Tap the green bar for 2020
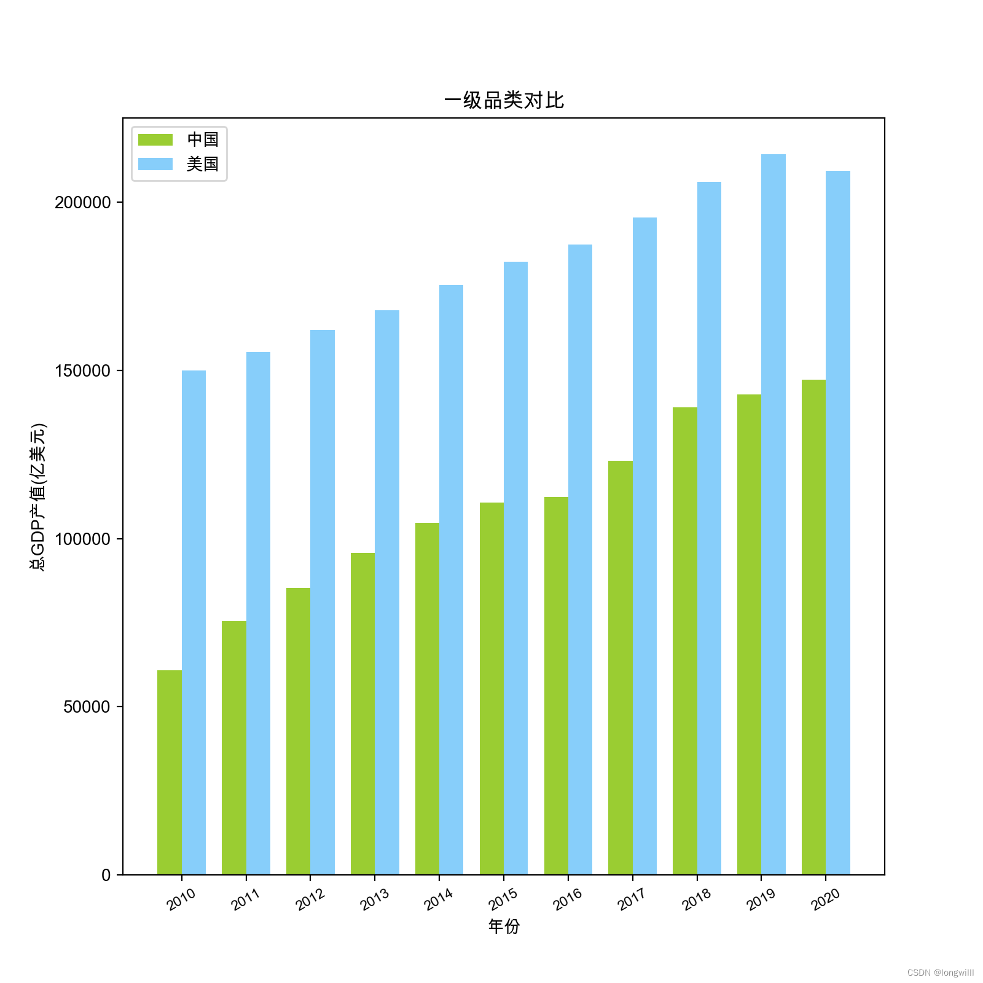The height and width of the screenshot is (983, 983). click(813, 627)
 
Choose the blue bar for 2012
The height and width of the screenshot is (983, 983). click(323, 602)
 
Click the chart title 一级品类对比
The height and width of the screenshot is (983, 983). click(504, 100)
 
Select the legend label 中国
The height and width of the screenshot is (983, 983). click(203, 139)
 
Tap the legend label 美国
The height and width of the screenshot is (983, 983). click(203, 164)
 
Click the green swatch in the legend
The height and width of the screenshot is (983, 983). click(155, 139)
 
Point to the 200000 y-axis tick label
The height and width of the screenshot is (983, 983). click(83, 202)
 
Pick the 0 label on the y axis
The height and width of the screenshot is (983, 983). click(106, 875)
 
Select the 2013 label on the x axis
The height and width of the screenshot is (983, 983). click(374, 900)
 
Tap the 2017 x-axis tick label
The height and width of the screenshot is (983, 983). click(632, 900)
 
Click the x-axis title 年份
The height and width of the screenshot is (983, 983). click(504, 926)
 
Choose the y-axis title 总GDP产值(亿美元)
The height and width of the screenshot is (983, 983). click(38, 496)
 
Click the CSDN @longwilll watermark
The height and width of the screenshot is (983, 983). click(940, 973)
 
